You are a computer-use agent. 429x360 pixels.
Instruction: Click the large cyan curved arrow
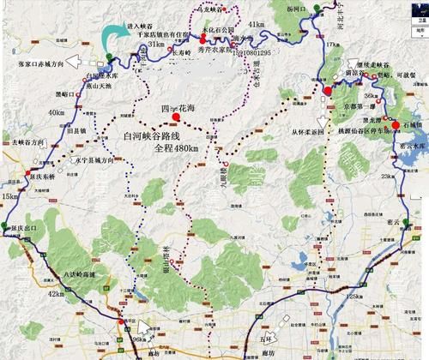coord(112,37)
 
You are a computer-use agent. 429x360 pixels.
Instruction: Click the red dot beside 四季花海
coord(176,118)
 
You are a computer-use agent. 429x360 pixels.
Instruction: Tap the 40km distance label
coord(57,112)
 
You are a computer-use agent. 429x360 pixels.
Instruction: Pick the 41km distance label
coord(254,27)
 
